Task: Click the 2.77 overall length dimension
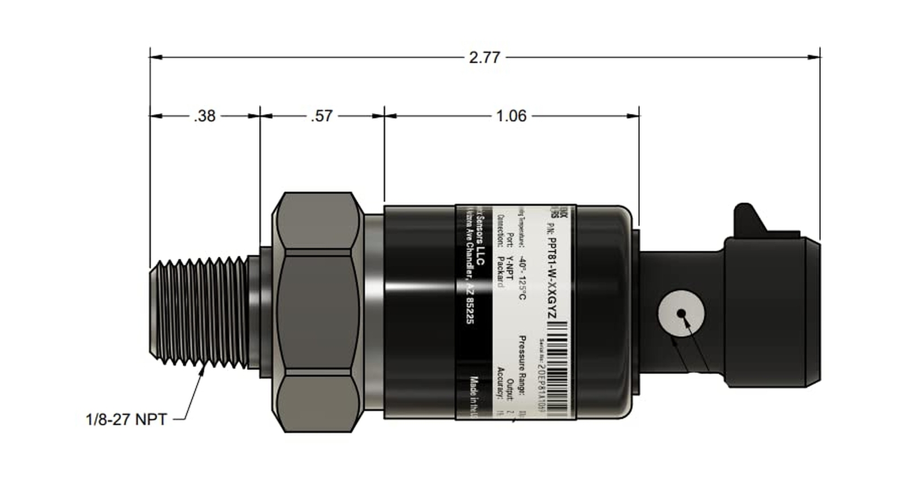point(485,58)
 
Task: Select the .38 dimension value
point(204,116)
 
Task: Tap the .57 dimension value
point(321,116)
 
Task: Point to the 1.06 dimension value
point(511,116)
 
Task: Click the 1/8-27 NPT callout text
point(126,420)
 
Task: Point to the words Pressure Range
point(522,365)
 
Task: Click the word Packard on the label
point(500,272)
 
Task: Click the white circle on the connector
point(680,313)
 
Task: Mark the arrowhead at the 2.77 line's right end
point(814,57)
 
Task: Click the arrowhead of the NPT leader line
point(202,368)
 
